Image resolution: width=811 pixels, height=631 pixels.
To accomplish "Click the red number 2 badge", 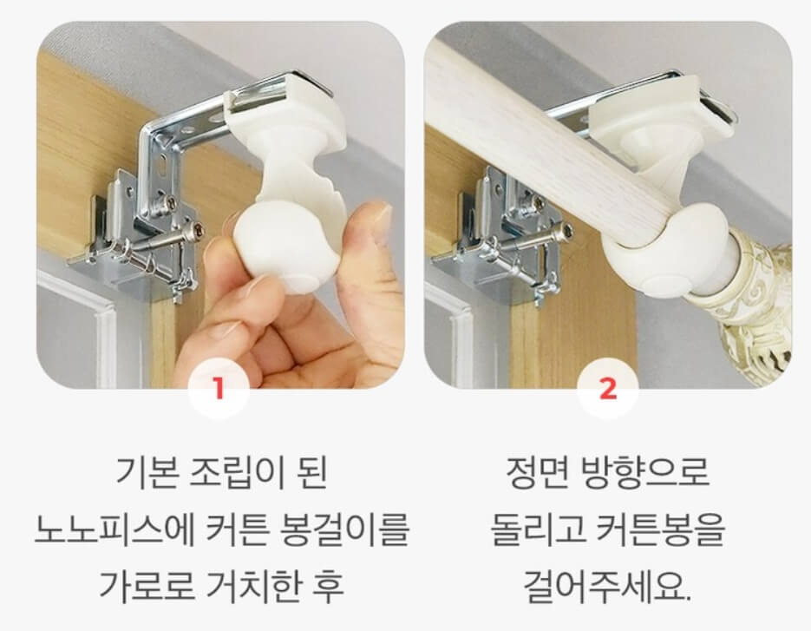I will click(x=608, y=387).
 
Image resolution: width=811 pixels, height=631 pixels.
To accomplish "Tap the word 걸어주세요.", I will click(x=607, y=587).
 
